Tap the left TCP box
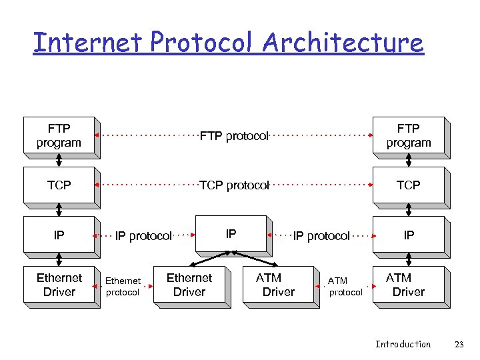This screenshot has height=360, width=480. tap(59, 185)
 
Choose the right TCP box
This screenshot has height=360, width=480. tap(408, 185)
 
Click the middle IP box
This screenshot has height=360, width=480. tap(231, 234)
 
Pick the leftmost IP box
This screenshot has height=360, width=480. tap(59, 235)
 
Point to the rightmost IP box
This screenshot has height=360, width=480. tap(408, 235)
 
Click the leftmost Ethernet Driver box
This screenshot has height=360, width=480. tap(59, 285)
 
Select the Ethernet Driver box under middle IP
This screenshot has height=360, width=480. tap(189, 285)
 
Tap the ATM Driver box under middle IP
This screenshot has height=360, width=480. tap(277, 285)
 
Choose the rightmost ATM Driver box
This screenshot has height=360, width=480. tap(408, 285)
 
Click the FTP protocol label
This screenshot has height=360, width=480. tap(234, 136)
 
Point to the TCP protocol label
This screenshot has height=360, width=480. tap(234, 185)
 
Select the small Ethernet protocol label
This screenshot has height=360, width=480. tap(123, 287)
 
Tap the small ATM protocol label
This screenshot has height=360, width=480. tap(345, 287)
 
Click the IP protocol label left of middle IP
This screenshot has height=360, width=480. tap(143, 236)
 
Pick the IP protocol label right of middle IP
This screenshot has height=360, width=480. tap(321, 236)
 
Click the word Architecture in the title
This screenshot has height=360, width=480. tap(343, 43)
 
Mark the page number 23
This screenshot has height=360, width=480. tap(459, 344)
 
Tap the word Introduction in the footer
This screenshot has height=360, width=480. tap(403, 344)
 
